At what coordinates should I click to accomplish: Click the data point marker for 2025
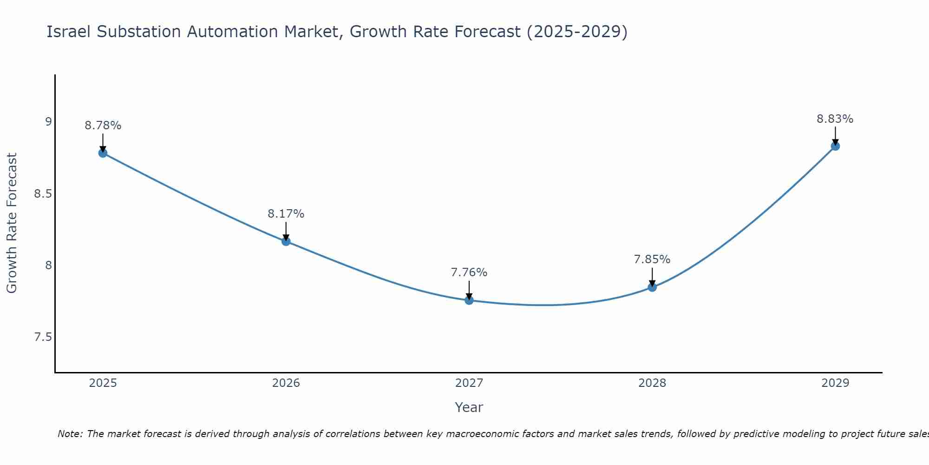[x=103, y=153]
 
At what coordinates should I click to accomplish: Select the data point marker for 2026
[x=286, y=241]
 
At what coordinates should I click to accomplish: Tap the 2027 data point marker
[x=469, y=300]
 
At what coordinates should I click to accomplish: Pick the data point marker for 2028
[x=652, y=287]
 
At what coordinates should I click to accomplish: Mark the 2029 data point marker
[x=835, y=146]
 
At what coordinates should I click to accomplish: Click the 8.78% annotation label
[x=103, y=126]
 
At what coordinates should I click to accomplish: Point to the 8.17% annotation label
[x=286, y=214]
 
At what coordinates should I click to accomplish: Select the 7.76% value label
[x=469, y=272]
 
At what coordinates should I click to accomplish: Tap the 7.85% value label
[x=652, y=259]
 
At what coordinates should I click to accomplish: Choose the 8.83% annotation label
[x=835, y=119]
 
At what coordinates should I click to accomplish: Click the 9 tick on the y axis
[x=48, y=122]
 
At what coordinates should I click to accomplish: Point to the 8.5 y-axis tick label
[x=43, y=194]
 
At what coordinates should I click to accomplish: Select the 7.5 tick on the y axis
[x=43, y=337]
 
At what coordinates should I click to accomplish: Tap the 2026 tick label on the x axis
[x=286, y=383]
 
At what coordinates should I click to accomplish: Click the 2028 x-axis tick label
[x=652, y=383]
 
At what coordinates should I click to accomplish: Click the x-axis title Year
[x=469, y=407]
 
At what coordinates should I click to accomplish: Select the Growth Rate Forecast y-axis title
[x=12, y=223]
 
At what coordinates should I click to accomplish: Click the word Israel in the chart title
[x=69, y=32]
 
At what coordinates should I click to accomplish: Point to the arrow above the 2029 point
[x=835, y=135]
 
